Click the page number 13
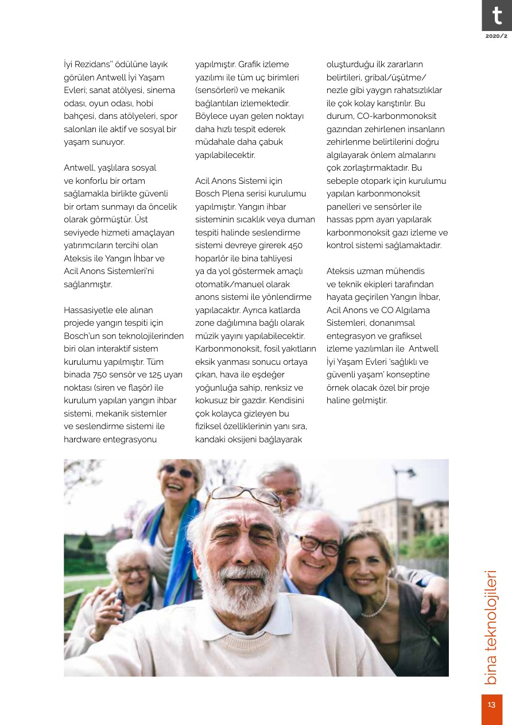click(x=491, y=704)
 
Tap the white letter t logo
click(x=497, y=16)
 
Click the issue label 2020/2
click(x=497, y=36)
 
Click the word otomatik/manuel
click(x=242, y=284)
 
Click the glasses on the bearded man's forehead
click(x=244, y=495)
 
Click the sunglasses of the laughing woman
click(x=179, y=472)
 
